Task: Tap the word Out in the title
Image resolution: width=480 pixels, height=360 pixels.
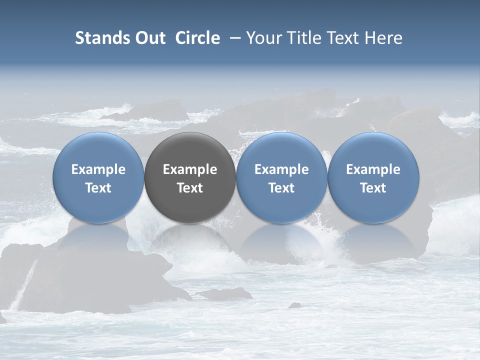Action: [148, 38]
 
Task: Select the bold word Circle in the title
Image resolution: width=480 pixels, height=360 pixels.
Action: [197, 38]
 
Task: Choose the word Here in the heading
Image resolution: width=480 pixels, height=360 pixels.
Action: [383, 38]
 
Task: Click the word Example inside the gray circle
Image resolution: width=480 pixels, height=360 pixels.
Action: [190, 169]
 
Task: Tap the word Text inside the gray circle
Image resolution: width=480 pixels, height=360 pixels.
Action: [190, 188]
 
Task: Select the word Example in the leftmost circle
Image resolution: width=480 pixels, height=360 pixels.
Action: [98, 169]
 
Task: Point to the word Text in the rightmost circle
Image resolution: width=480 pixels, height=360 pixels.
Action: [373, 188]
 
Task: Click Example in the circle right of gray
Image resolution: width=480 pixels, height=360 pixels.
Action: [281, 169]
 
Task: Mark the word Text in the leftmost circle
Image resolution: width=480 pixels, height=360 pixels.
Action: [98, 188]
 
